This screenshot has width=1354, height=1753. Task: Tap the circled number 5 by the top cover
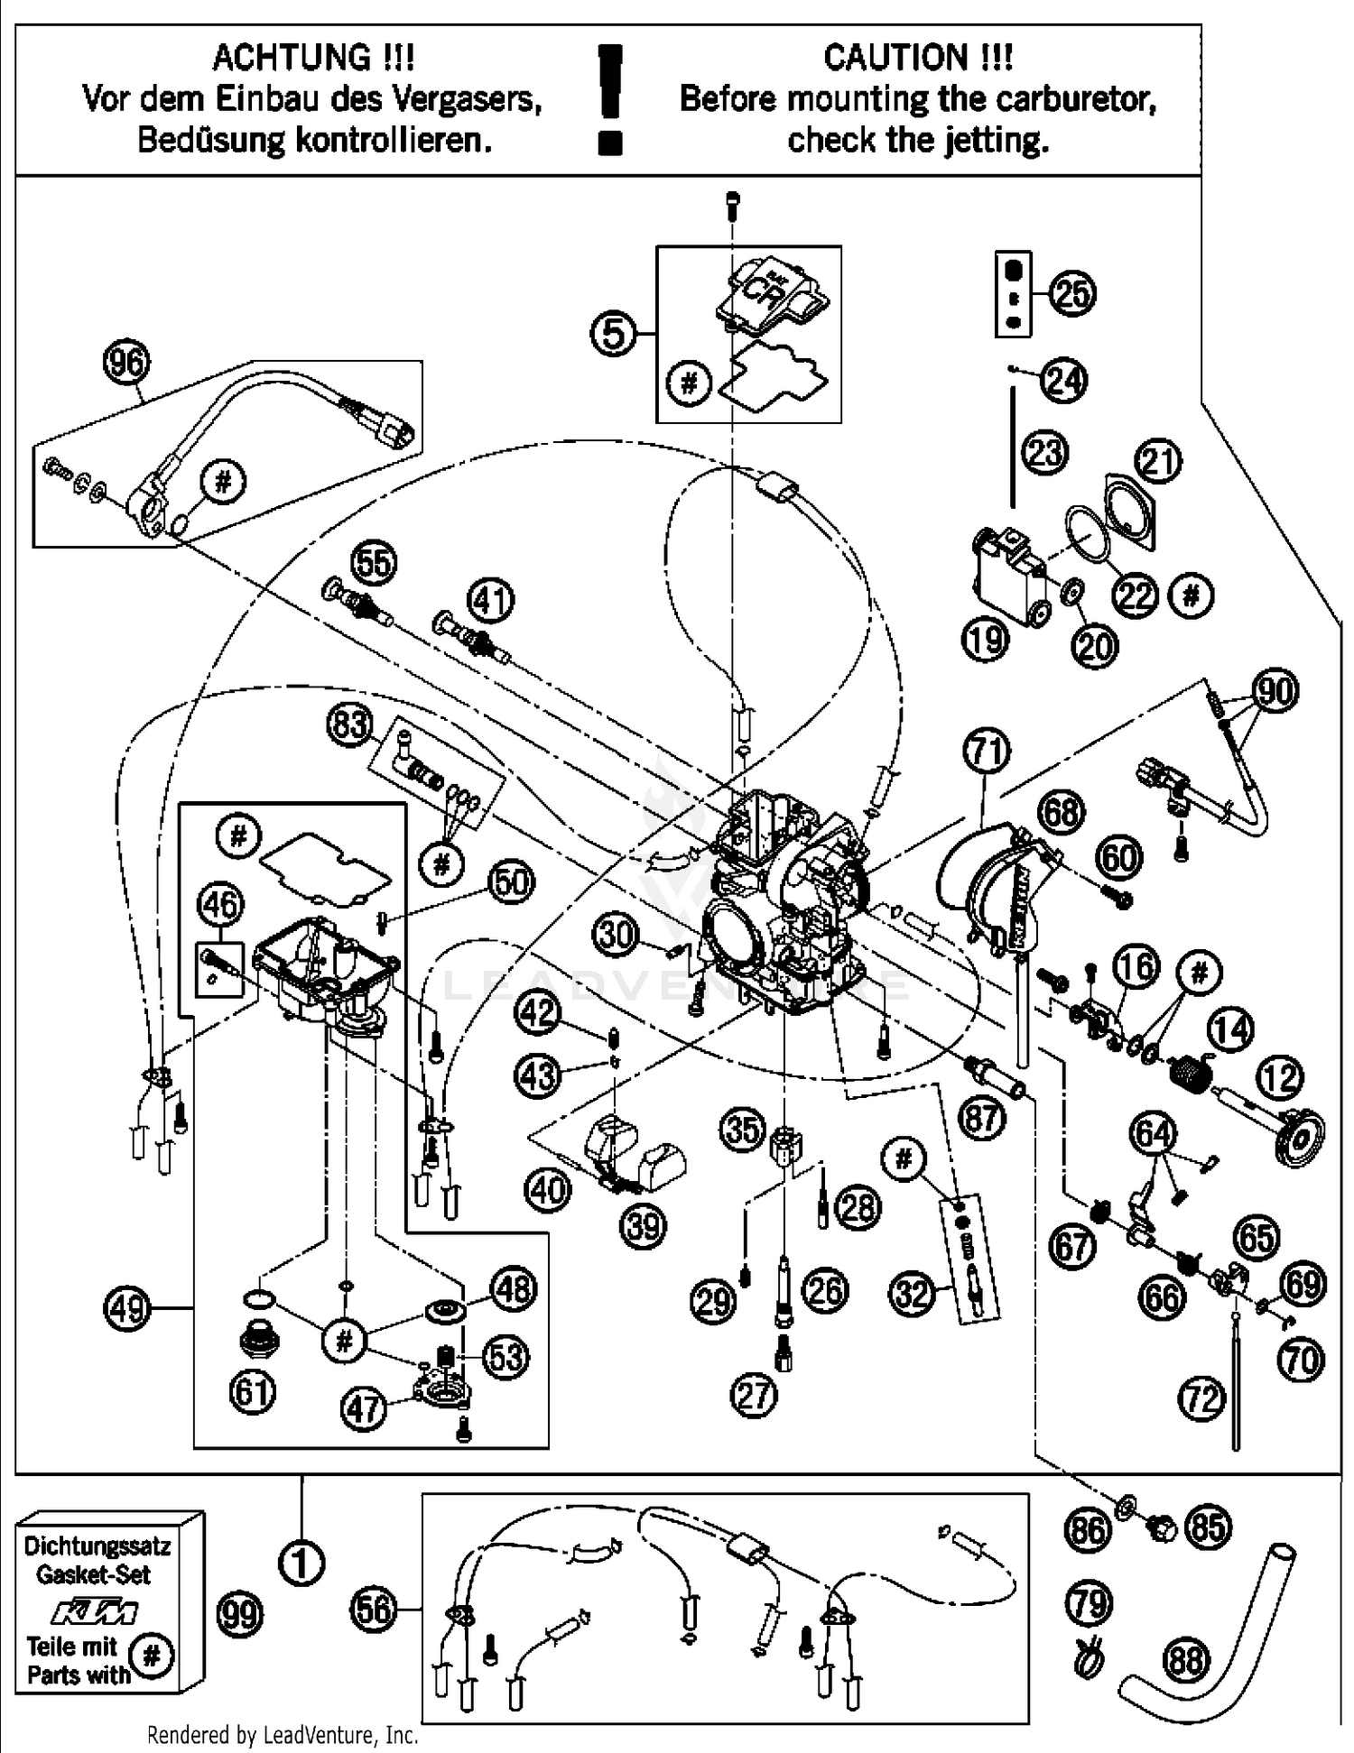[x=613, y=334]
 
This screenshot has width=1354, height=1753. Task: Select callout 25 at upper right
[x=1072, y=294]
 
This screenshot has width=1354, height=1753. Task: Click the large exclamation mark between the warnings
[x=611, y=99]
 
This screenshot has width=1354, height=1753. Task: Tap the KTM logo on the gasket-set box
[x=94, y=1610]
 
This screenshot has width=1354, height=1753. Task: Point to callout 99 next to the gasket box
[x=240, y=1614]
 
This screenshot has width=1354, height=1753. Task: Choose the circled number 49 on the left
[x=127, y=1306]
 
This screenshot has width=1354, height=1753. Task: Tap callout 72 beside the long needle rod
[x=1201, y=1398]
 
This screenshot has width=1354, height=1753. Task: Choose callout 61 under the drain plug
[x=252, y=1392]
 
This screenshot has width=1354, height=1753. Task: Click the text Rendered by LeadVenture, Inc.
[x=283, y=1734]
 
